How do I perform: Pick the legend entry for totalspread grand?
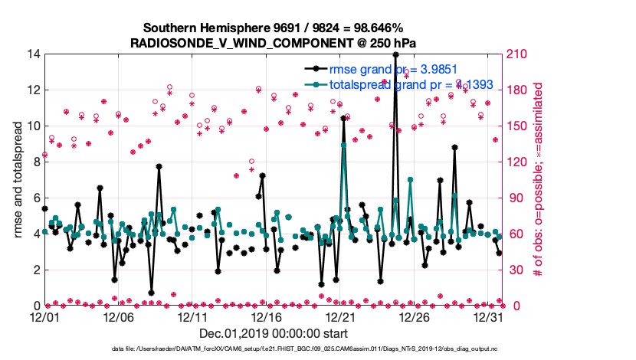pyautogui.click(x=399, y=84)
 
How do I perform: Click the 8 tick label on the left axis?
pyautogui.click(x=36, y=162)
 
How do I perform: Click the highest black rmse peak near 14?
pyautogui.click(x=395, y=54)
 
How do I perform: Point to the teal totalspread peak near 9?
pyautogui.click(x=343, y=144)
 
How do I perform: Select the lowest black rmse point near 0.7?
pyautogui.click(x=151, y=293)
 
